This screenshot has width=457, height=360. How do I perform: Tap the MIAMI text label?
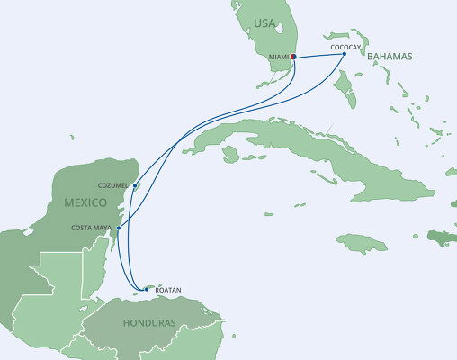coord(279,60)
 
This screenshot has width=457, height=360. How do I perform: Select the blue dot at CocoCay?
coord(345,54)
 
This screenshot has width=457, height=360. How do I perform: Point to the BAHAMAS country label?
coord(390,56)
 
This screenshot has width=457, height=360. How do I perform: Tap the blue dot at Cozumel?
coord(135,186)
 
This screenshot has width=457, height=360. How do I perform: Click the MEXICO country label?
coord(87,202)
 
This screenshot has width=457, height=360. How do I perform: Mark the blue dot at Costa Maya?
coord(118,228)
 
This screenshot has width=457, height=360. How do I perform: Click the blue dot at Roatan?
coord(147,289)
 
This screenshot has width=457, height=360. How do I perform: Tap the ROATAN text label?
coord(168,289)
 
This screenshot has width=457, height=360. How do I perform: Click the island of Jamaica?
coord(362,242)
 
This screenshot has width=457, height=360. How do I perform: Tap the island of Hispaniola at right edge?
coord(443,238)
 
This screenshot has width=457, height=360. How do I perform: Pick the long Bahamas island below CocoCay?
coord(343,90)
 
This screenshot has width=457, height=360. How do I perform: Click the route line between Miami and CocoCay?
coord(319,58)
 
